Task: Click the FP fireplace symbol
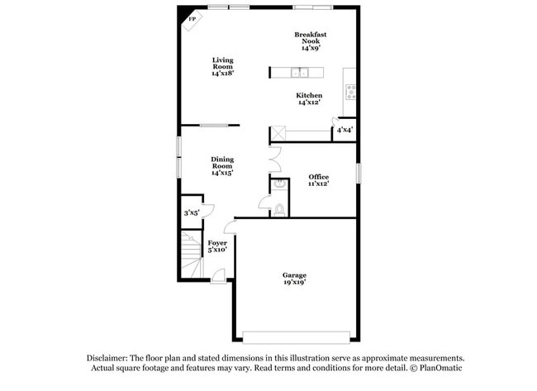192,18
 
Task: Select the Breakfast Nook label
311,41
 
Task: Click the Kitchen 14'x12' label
310,99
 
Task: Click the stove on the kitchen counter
350,91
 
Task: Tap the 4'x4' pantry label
345,130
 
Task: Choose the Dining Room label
222,166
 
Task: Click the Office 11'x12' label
318,180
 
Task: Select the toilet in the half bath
278,209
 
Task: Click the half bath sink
278,184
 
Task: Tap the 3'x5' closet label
192,212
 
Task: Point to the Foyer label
217,246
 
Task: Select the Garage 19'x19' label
294,279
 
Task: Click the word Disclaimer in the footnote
112,358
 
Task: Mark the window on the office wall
359,174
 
